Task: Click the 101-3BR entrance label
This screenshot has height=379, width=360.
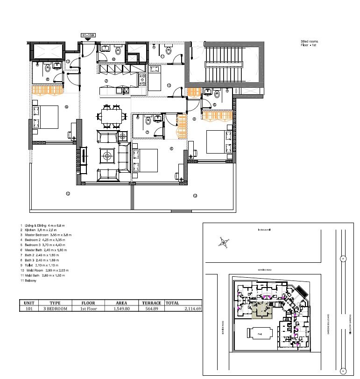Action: tap(88, 35)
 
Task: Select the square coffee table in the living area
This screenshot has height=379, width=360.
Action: tap(107, 156)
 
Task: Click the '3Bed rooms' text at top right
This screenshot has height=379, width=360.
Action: tap(309, 42)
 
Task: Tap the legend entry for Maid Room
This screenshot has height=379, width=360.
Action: tap(45, 270)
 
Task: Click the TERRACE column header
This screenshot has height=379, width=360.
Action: tap(150, 302)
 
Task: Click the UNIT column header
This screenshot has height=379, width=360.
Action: tap(28, 302)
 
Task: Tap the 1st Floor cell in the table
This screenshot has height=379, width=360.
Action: tap(88, 309)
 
